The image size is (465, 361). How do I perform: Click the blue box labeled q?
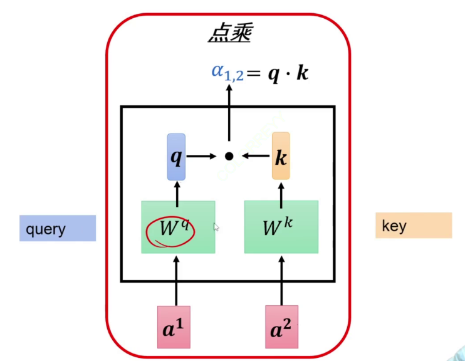pyautogui.click(x=177, y=157)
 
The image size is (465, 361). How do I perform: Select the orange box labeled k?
pyautogui.click(x=281, y=157)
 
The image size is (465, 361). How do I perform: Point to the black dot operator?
pyautogui.click(x=229, y=156)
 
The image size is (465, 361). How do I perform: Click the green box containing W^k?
pyautogui.click(x=281, y=226)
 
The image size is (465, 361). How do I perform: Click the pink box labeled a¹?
pyautogui.click(x=176, y=327)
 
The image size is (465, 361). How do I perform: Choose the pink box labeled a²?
pyautogui.click(x=281, y=327)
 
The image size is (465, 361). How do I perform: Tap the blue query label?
pyautogui.click(x=58, y=229)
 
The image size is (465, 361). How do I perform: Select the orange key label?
pyautogui.click(x=413, y=226)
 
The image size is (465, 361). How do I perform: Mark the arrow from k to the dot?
pyautogui.click(x=256, y=156)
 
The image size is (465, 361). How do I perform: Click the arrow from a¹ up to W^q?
pyautogui.click(x=176, y=279)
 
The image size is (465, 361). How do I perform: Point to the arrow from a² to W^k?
pyautogui.click(x=281, y=279)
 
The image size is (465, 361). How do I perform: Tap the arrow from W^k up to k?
pyautogui.click(x=281, y=190)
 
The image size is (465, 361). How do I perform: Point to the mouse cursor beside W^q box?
pyautogui.click(x=216, y=227)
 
